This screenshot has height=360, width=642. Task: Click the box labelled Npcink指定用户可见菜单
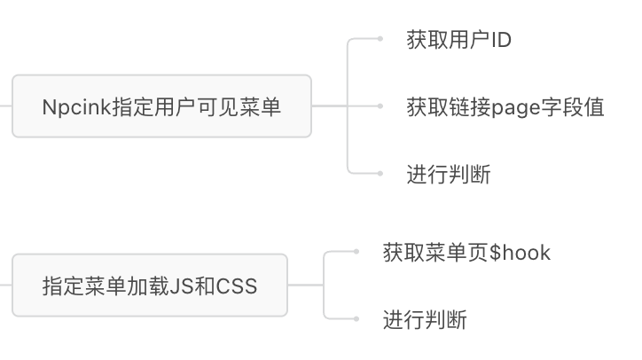pyautogui.click(x=161, y=106)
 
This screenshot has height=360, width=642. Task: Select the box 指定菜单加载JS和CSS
pyautogui.click(x=149, y=286)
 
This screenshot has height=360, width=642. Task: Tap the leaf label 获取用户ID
pyautogui.click(x=458, y=40)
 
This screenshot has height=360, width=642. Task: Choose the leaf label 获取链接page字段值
pyautogui.click(x=505, y=107)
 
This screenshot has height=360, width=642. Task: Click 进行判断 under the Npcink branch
pyautogui.click(x=448, y=174)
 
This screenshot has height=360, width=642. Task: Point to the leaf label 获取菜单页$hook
pyautogui.click(x=466, y=253)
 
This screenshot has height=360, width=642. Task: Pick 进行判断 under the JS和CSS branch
pyautogui.click(x=425, y=319)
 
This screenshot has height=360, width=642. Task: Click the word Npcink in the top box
pyautogui.click(x=69, y=107)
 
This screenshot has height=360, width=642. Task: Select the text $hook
pyautogui.click(x=521, y=253)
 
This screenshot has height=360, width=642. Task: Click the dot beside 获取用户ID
pyautogui.click(x=380, y=39)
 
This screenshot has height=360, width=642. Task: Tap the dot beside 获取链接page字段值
pyautogui.click(x=380, y=106)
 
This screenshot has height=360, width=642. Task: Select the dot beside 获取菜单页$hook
pyautogui.click(x=356, y=252)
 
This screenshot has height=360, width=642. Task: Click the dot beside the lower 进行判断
pyautogui.click(x=356, y=319)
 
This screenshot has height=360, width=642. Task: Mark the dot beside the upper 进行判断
pyautogui.click(x=380, y=174)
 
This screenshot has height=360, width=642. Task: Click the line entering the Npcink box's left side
pyautogui.click(x=5, y=106)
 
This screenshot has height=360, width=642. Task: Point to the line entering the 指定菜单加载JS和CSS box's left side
pyautogui.click(x=5, y=286)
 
